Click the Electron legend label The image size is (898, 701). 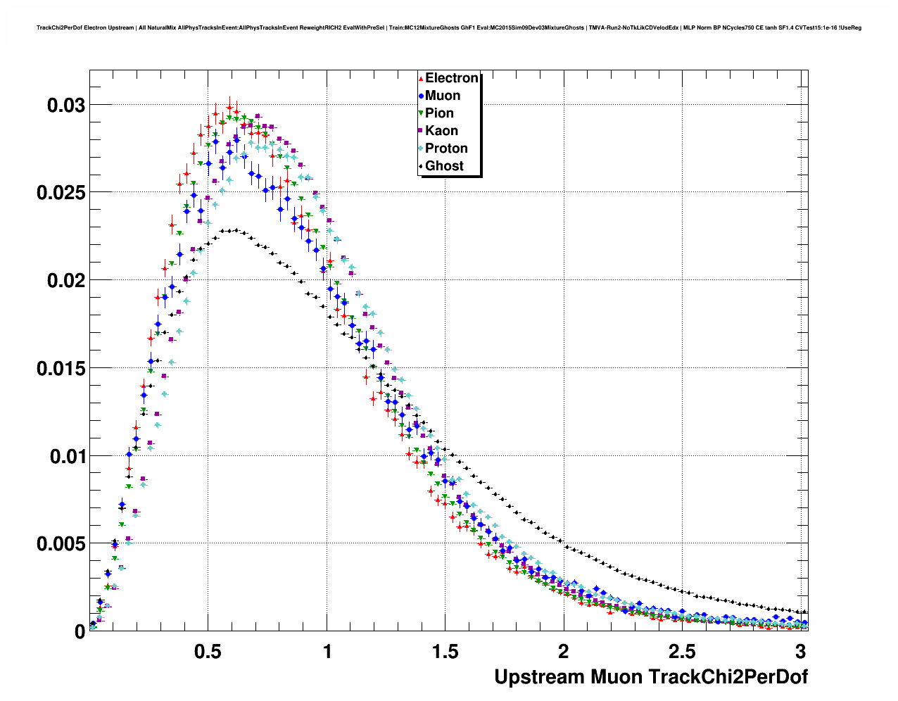452,78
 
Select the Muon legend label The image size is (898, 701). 443,96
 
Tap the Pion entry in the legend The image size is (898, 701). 439,113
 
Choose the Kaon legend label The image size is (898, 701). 441,131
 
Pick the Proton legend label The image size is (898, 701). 446,149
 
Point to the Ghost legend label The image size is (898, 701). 444,166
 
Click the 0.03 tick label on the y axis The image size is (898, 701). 65,106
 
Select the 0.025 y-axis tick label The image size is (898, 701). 61,193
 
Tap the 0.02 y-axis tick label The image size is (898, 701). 65,281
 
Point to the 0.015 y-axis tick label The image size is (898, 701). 61,369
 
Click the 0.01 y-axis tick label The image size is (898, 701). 65,457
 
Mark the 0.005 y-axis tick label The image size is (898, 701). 61,544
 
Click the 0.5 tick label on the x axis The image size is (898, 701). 208,652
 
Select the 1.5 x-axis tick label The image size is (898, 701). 445,652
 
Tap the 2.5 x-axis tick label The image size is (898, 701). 683,652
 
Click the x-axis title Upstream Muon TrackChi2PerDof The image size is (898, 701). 651,677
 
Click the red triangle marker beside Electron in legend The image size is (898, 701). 421,79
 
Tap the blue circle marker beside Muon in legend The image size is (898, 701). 421,96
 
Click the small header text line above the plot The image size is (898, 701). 449,28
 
